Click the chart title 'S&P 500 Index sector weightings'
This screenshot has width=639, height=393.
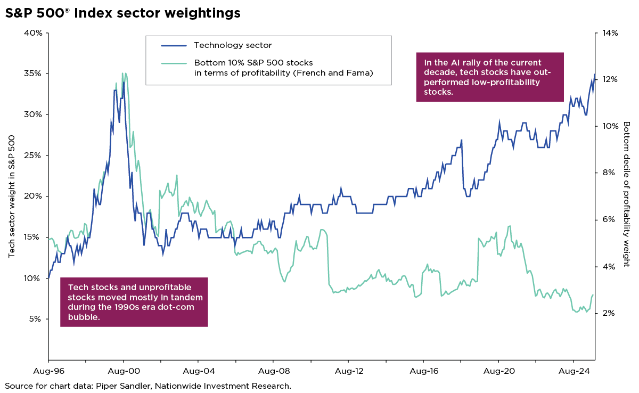pos(122,13)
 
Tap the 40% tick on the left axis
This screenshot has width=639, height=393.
pos(35,33)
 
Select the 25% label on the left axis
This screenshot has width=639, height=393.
pos(35,156)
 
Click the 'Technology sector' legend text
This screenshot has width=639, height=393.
pos(233,46)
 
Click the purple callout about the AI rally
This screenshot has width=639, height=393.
pos(489,77)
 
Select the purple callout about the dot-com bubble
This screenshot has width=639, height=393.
pos(134,301)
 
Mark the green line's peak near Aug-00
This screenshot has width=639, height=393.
pos(123,73)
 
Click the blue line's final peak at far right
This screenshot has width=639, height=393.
pos(594,75)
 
